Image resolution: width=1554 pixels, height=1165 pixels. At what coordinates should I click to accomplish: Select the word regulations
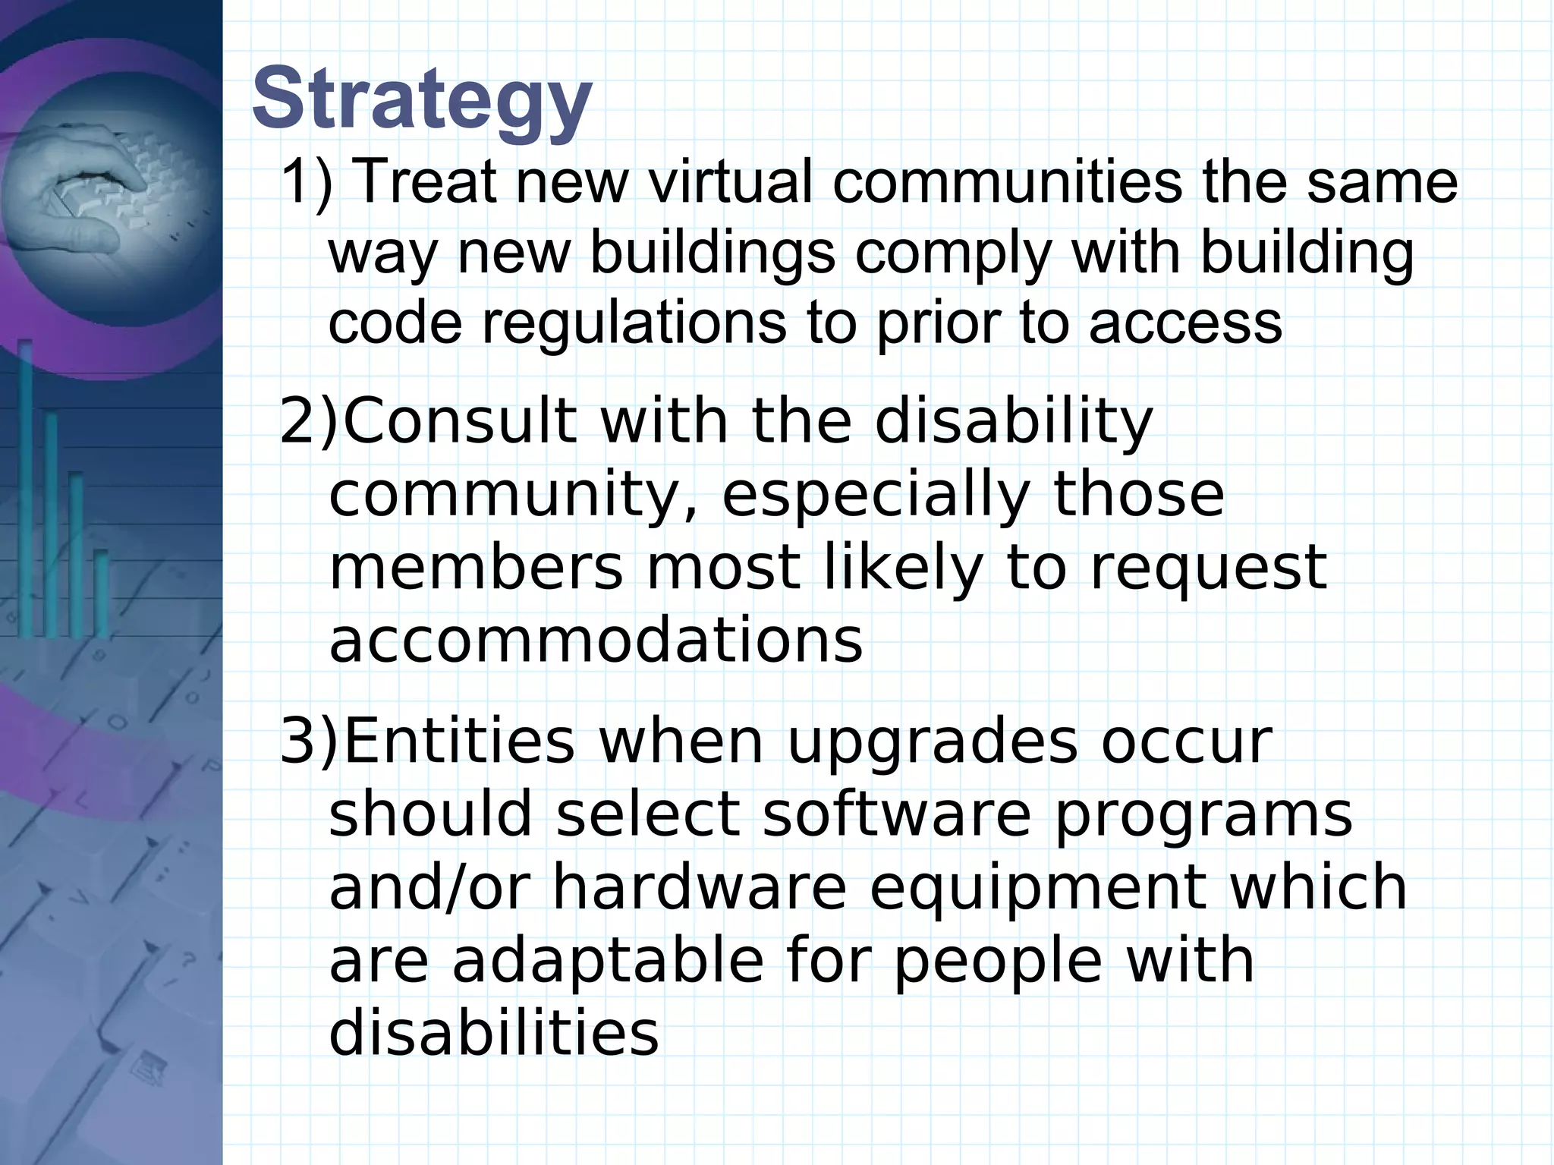pos(634,322)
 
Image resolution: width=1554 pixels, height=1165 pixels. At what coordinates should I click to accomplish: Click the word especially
pos(875,495)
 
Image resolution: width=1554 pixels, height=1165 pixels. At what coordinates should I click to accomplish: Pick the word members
pos(476,568)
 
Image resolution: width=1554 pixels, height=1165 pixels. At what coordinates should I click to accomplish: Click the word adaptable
pos(608,960)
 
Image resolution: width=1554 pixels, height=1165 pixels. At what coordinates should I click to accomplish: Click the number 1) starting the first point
pos(307,184)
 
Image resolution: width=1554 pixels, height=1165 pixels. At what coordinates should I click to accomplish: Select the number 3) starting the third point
pos(308,742)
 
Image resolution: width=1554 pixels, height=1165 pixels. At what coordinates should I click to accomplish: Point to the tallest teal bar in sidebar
pos(25,486)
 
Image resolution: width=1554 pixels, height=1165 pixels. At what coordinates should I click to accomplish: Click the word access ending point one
pos(1184,322)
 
